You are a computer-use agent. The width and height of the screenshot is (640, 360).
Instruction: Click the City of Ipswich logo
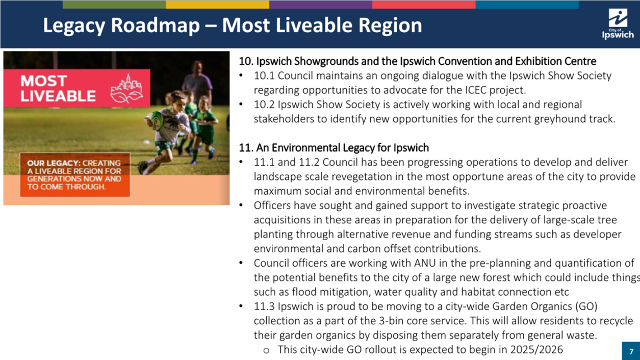tap(618, 24)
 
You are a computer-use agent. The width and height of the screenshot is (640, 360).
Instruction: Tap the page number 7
tap(631, 351)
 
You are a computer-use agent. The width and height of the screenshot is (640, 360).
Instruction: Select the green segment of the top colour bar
tap(114, 4)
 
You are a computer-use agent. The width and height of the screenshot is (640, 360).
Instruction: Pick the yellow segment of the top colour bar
tap(217, 4)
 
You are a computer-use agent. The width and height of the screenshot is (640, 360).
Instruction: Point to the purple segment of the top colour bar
tap(321, 4)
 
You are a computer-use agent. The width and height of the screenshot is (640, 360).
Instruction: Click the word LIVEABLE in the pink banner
tap(58, 96)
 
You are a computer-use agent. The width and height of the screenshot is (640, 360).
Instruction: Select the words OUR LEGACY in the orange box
tap(53, 163)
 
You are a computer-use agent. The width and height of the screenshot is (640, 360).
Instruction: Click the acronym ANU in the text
tap(425, 263)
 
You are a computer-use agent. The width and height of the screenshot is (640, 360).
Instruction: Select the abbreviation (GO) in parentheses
tap(586, 306)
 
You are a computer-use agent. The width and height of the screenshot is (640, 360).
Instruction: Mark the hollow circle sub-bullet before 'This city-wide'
tap(266, 350)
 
